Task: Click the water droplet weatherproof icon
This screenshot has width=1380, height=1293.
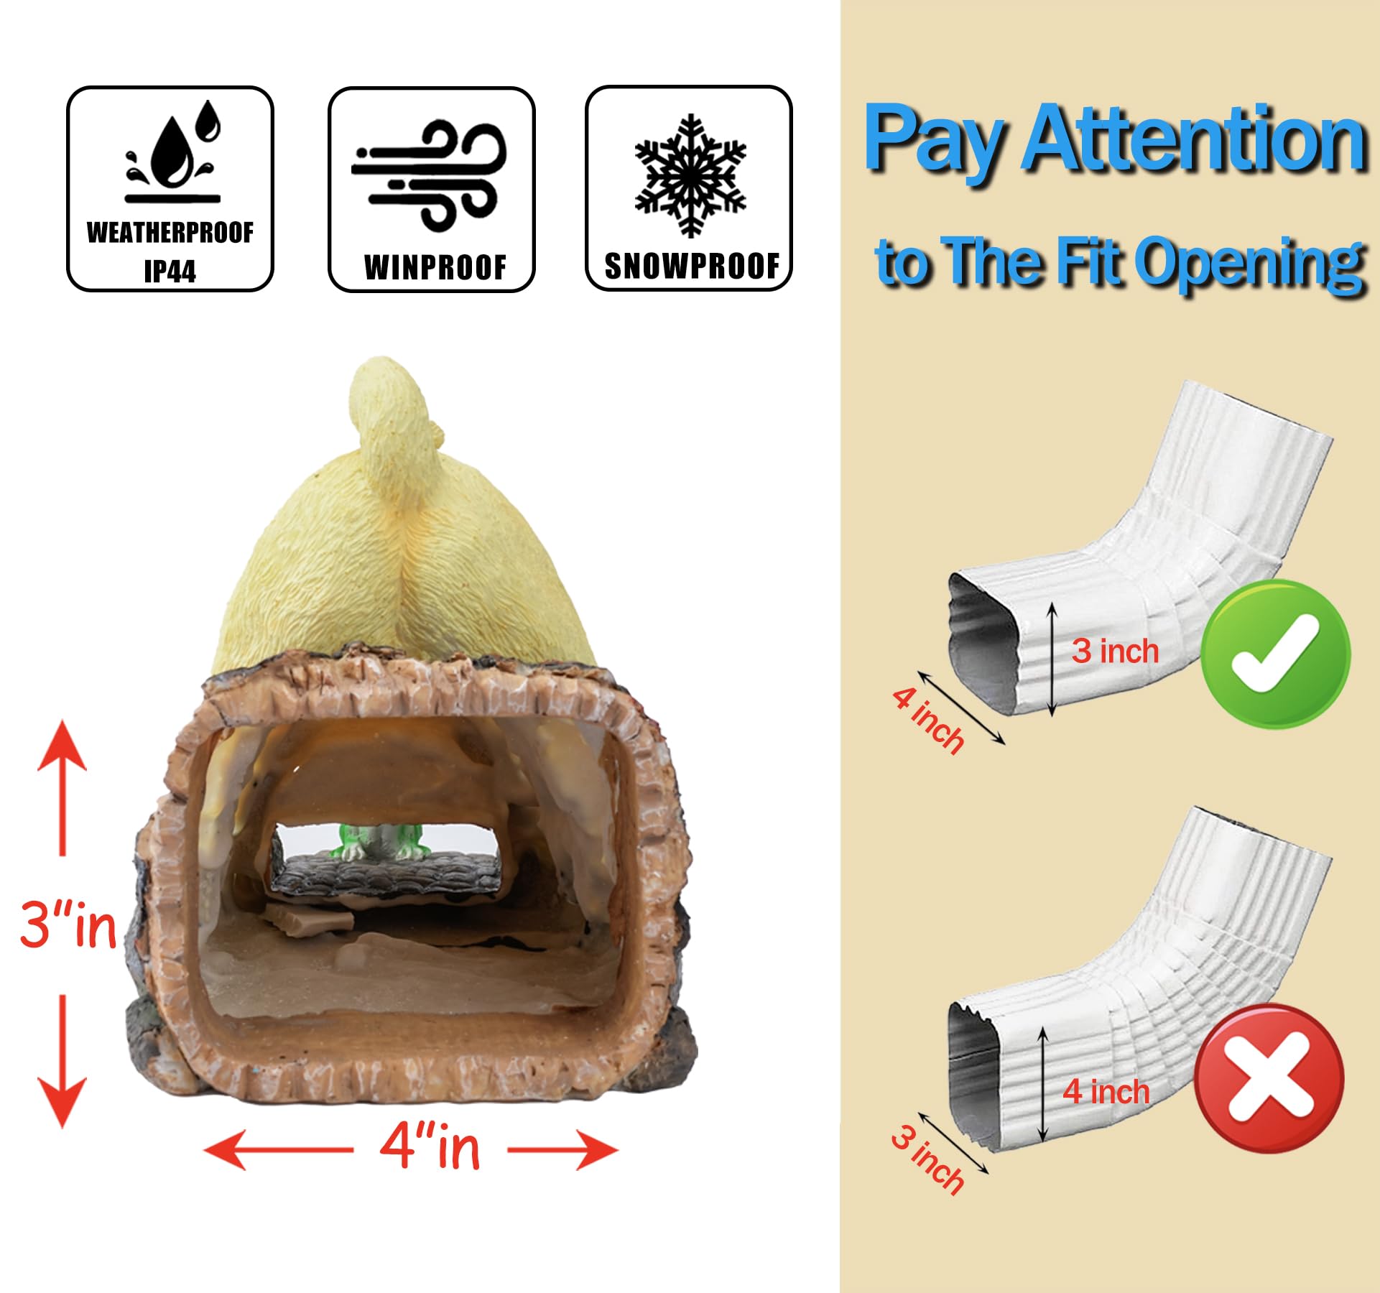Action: point(172,152)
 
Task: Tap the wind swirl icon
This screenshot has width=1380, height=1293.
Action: point(430,175)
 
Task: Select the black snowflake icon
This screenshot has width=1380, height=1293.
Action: point(690,175)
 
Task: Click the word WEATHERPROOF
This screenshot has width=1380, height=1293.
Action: point(170,233)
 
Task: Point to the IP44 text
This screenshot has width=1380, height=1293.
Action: point(170,272)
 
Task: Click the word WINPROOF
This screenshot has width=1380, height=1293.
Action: point(435,267)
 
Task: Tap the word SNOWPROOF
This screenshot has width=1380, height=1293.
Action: point(692,266)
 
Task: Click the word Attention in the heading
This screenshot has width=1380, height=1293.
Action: point(1194,138)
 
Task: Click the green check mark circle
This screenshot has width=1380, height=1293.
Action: point(1276,654)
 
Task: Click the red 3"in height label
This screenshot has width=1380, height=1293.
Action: point(68,924)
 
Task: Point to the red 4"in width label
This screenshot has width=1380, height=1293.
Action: point(430,1146)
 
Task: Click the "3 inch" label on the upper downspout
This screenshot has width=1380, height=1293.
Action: point(1116,651)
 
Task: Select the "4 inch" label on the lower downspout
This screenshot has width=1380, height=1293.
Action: point(1106,1091)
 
